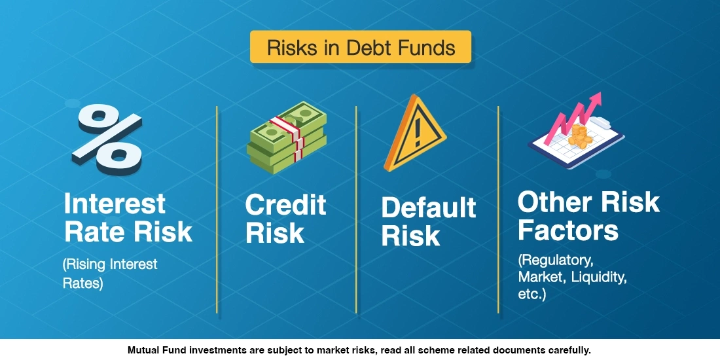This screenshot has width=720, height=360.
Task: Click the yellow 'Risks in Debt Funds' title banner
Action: click(x=360, y=47)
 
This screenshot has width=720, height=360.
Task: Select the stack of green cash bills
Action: click(x=286, y=137)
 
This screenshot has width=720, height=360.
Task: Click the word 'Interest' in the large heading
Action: click(x=115, y=204)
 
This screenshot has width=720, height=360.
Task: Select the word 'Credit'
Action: click(x=285, y=205)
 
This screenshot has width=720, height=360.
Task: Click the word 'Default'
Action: click(x=429, y=208)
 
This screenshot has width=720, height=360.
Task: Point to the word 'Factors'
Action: click(x=567, y=230)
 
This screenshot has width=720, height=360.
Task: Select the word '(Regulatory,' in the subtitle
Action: click(x=556, y=261)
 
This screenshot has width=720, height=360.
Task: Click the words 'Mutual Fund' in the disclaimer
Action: click(x=154, y=350)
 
